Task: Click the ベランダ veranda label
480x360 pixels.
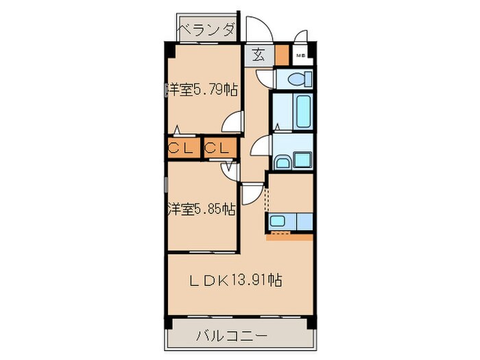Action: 207,29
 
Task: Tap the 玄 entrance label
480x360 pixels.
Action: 258,55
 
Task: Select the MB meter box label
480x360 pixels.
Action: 300,56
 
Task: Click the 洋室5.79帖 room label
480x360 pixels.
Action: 202,89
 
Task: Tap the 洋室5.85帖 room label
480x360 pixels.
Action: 202,209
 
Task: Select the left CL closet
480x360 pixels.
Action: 182,147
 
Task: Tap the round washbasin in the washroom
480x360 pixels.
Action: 282,162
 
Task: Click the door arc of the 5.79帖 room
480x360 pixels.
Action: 234,123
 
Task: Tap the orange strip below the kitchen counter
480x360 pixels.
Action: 290,237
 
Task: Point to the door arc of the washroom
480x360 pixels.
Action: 261,146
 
